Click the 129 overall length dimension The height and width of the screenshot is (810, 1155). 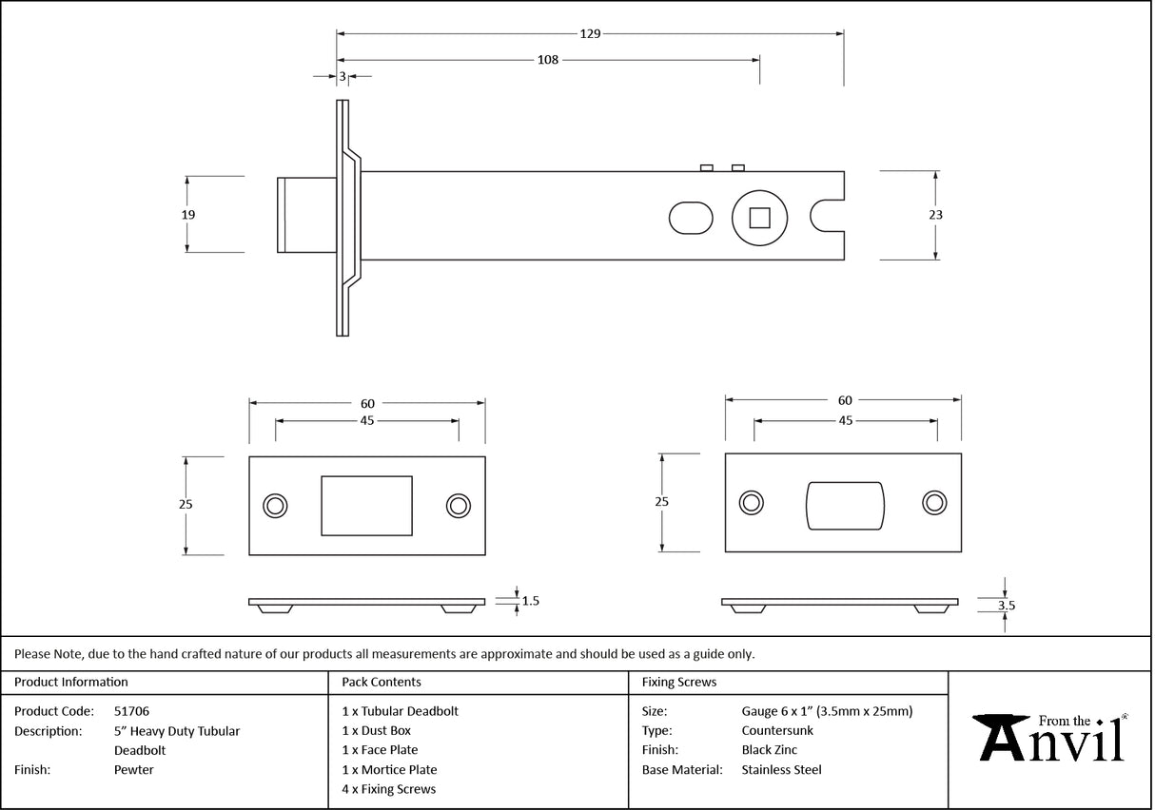coord(590,34)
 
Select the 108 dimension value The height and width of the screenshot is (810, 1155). coord(548,60)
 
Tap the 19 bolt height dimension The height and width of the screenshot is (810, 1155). coord(188,215)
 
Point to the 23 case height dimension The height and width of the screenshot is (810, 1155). coord(935,215)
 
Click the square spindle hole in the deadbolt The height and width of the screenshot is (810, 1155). coord(758,218)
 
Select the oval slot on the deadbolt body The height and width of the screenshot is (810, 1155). coord(691,218)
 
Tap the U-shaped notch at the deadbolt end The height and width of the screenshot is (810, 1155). coord(827,216)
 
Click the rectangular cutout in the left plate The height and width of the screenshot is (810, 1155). coord(367,506)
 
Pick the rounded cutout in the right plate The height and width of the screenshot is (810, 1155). coord(845,505)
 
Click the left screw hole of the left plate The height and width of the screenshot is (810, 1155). coord(276,506)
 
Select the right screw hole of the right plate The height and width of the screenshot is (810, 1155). coord(933,503)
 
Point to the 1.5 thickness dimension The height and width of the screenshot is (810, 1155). coord(531,601)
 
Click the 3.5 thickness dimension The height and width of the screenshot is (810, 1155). coord(1006,604)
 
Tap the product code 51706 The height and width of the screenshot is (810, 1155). coord(131,711)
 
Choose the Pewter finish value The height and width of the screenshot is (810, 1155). coord(133,770)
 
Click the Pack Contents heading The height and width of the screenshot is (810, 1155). coord(381,683)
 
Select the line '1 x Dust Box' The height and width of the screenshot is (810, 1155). coord(376,731)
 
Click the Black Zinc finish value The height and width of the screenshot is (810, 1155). coord(769,750)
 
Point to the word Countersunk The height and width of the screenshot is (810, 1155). coord(777,731)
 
